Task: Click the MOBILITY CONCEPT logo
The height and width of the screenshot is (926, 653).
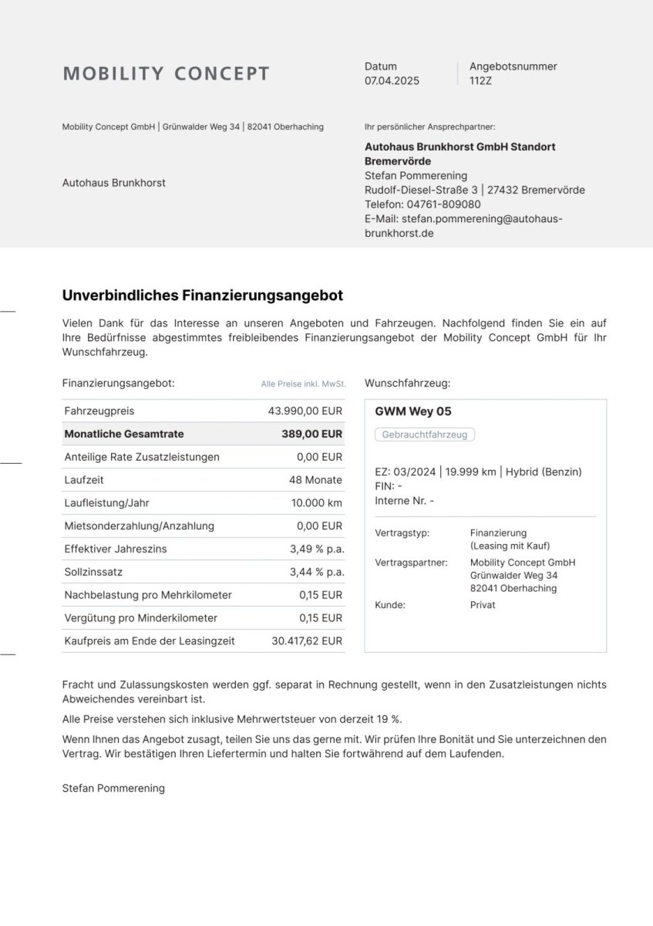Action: click(166, 74)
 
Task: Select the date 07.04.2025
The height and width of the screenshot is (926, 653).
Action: click(392, 80)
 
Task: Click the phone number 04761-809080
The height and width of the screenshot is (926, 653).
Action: click(443, 204)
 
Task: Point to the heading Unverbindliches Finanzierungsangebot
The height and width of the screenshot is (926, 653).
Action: click(202, 296)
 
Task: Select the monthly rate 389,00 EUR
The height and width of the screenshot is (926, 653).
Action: click(311, 434)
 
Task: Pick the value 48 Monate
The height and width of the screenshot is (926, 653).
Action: click(315, 480)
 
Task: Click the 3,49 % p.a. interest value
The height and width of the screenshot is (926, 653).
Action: click(317, 549)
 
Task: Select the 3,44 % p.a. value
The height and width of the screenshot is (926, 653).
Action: click(317, 573)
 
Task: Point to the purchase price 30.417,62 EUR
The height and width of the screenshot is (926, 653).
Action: click(307, 641)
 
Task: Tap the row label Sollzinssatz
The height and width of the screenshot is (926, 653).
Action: click(93, 573)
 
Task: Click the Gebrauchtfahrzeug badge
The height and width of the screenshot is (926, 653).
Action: click(425, 434)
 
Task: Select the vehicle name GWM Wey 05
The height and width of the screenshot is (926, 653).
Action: click(413, 411)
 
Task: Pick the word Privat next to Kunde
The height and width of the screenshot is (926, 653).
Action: click(483, 605)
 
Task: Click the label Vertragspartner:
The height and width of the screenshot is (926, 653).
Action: click(411, 563)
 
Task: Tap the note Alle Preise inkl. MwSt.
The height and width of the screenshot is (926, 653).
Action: click(303, 384)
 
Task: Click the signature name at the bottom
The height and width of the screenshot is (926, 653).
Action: click(113, 789)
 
